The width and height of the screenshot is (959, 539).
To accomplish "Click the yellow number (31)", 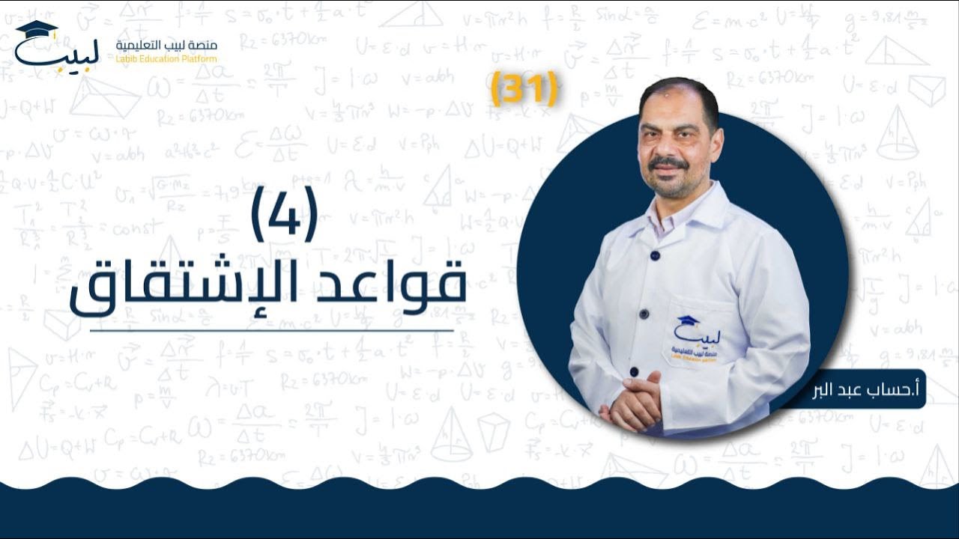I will (x=524, y=89).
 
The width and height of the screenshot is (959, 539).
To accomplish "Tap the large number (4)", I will (x=284, y=214).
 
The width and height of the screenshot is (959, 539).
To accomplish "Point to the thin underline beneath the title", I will (x=272, y=329).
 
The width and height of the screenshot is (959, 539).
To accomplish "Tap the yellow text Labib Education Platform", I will (x=166, y=59).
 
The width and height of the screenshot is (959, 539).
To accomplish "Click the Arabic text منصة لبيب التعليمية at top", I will (x=166, y=46).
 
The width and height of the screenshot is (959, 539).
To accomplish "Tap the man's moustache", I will (x=668, y=163).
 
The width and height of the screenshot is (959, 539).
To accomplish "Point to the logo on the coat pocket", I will (x=695, y=337).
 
